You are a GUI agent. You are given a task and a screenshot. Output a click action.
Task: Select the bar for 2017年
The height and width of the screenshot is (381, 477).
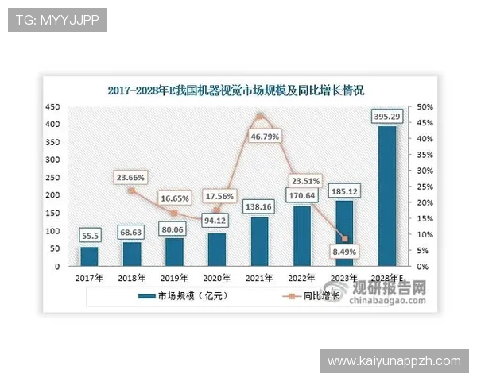pyautogui.click(x=89, y=256)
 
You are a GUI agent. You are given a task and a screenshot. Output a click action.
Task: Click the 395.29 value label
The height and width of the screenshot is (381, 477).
pyautogui.click(x=387, y=117)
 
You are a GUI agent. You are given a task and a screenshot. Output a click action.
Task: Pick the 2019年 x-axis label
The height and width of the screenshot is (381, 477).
pyautogui.click(x=174, y=279)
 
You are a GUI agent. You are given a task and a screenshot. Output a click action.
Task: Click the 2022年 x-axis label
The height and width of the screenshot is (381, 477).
pyautogui.click(x=302, y=279)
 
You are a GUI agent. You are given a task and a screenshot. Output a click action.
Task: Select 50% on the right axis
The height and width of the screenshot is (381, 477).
pyautogui.click(x=425, y=107)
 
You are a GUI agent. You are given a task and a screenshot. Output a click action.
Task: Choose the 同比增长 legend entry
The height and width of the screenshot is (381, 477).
pyautogui.click(x=318, y=296)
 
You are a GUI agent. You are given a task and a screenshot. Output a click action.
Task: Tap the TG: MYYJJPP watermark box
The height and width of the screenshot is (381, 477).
pyautogui.click(x=56, y=20)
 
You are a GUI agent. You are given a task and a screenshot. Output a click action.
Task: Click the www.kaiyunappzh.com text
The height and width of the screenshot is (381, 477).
pyautogui.click(x=394, y=361)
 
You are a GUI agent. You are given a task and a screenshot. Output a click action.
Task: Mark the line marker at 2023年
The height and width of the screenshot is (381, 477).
pyautogui.click(x=344, y=239)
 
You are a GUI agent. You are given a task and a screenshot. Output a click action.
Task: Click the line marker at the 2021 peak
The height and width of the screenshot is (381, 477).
pyautogui.click(x=259, y=117)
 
